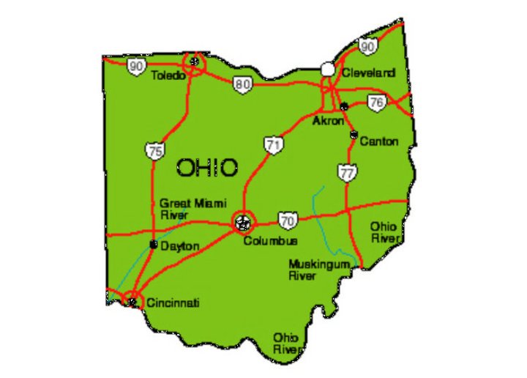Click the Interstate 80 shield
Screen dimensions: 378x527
pos(243,84)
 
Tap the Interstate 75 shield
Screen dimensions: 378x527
pos(154,152)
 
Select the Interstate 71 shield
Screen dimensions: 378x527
pos(274,145)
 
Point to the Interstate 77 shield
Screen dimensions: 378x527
pos(348,173)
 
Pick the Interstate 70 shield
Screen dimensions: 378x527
pos(288,219)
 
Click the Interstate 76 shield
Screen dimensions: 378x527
pos(376,103)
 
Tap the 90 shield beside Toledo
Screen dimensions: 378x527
pos(135,67)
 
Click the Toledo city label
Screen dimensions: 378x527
pos(168,75)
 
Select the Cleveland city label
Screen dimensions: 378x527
pos(368,73)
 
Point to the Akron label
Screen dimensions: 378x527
pos(327,121)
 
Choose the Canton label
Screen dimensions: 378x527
pos(378,141)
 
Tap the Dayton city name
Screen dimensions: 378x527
pos(179,247)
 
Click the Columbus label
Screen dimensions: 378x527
pos(270,241)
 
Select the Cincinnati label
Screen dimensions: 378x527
pos(173,303)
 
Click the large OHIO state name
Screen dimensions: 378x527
pos(207,168)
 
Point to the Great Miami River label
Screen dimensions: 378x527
pos(193,209)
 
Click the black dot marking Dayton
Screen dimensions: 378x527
pos(153,245)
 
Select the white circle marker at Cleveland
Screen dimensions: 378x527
pos(327,69)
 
